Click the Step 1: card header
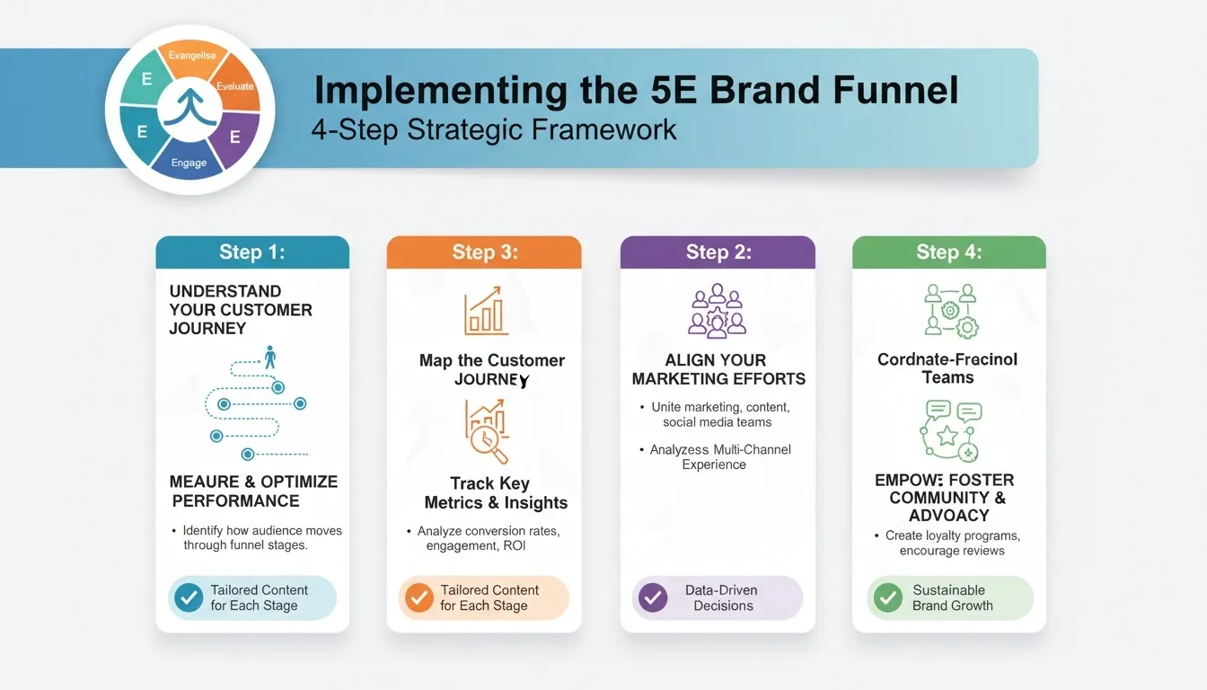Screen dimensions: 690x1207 pyautogui.click(x=252, y=252)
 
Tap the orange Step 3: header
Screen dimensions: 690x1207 pyautogui.click(x=484, y=252)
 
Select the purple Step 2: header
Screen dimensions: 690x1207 pyautogui.click(x=718, y=252)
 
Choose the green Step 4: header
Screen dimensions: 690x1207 pyautogui.click(x=948, y=252)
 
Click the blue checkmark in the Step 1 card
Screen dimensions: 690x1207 pyautogui.click(x=189, y=597)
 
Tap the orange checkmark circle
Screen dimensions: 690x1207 pyautogui.click(x=418, y=597)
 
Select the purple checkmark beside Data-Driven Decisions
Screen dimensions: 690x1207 pyautogui.click(x=652, y=597)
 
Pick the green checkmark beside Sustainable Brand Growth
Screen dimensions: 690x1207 pyautogui.click(x=887, y=597)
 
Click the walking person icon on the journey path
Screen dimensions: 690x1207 pyautogui.click(x=269, y=357)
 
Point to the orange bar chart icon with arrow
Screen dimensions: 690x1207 pyautogui.click(x=486, y=313)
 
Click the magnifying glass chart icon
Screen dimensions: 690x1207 pyautogui.click(x=486, y=431)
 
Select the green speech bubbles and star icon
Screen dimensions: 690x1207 pyautogui.click(x=950, y=430)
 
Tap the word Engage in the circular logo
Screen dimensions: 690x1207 pyautogui.click(x=189, y=163)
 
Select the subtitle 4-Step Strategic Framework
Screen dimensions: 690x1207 pyautogui.click(x=493, y=129)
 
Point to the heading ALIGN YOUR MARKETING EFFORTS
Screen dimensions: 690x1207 pyautogui.click(x=718, y=369)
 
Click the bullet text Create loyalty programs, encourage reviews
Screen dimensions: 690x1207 pyautogui.click(x=952, y=543)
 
